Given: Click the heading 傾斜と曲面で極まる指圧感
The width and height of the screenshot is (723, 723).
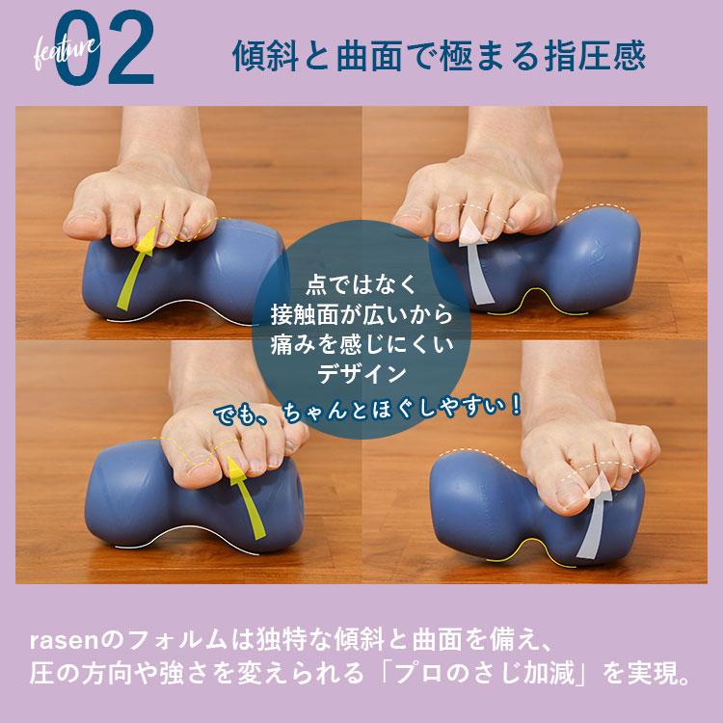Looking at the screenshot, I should point(439,55).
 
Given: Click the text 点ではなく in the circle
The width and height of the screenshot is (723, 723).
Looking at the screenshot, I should point(361,285).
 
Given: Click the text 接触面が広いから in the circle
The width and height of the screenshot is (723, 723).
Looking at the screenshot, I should point(361,314).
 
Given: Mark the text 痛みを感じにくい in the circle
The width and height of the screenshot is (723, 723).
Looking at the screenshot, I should point(361,343).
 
